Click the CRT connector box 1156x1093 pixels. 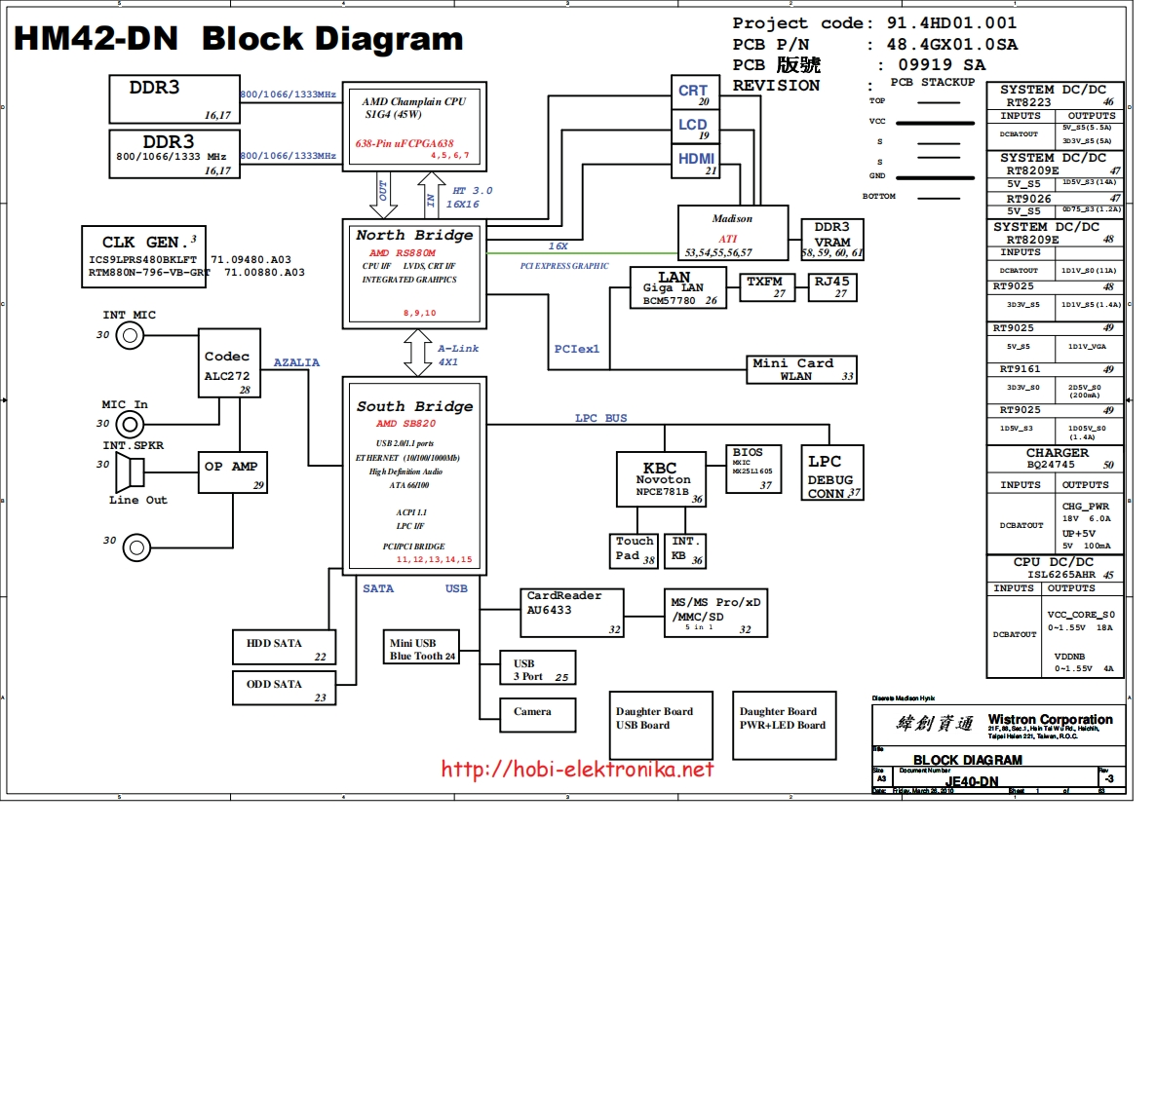tap(695, 93)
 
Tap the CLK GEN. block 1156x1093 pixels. tap(143, 256)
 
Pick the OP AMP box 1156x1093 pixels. tap(232, 472)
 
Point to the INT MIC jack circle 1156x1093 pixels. tap(130, 336)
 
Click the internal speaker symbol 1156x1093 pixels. tap(130, 473)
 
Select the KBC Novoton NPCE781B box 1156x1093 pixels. tap(661, 479)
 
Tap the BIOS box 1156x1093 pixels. tap(754, 469)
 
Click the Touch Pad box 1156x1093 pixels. tap(635, 550)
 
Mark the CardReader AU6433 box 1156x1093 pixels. tap(571, 613)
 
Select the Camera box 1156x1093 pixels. tap(537, 714)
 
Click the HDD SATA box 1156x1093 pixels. tap(284, 647)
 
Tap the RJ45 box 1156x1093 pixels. tap(831, 287)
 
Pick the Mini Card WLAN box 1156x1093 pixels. tap(801, 369)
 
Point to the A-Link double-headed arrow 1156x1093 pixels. tap(418, 353)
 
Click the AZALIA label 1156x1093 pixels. tap(296, 362)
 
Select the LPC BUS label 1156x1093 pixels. tap(600, 418)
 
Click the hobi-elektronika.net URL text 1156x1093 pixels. tap(577, 770)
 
